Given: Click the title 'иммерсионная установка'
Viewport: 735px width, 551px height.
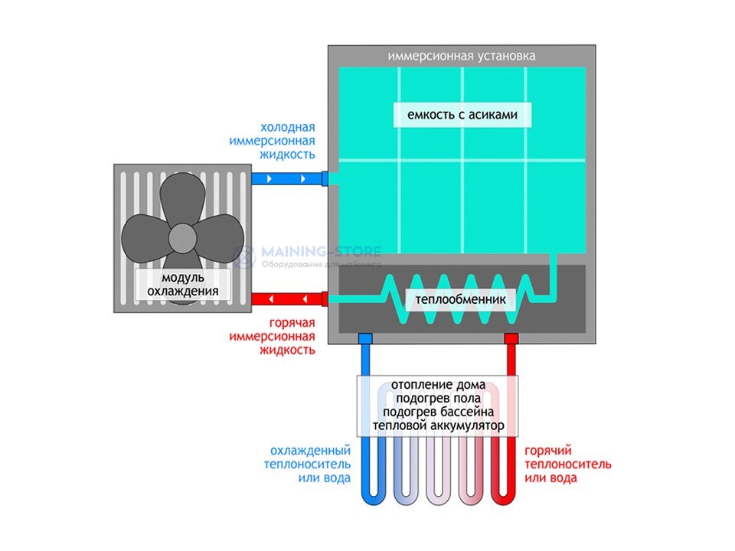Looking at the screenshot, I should coord(462,56).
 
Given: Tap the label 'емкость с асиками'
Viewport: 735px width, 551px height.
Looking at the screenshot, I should coord(462,116).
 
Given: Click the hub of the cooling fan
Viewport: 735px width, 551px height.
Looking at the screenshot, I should coord(182,236).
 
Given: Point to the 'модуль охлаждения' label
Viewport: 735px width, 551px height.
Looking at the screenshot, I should coord(182,284).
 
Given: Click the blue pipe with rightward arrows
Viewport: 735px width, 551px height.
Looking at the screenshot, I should coord(287,179).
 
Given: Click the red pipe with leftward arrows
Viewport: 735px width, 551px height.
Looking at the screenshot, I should coord(287,297).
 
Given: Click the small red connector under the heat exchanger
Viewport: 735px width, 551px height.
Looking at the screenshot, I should coord(511,337).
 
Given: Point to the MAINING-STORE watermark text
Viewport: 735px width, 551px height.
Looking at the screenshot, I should coord(322,251).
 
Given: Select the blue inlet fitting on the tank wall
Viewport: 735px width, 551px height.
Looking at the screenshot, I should coord(325,179).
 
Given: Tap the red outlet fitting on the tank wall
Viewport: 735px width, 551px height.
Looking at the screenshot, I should coord(325,297).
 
